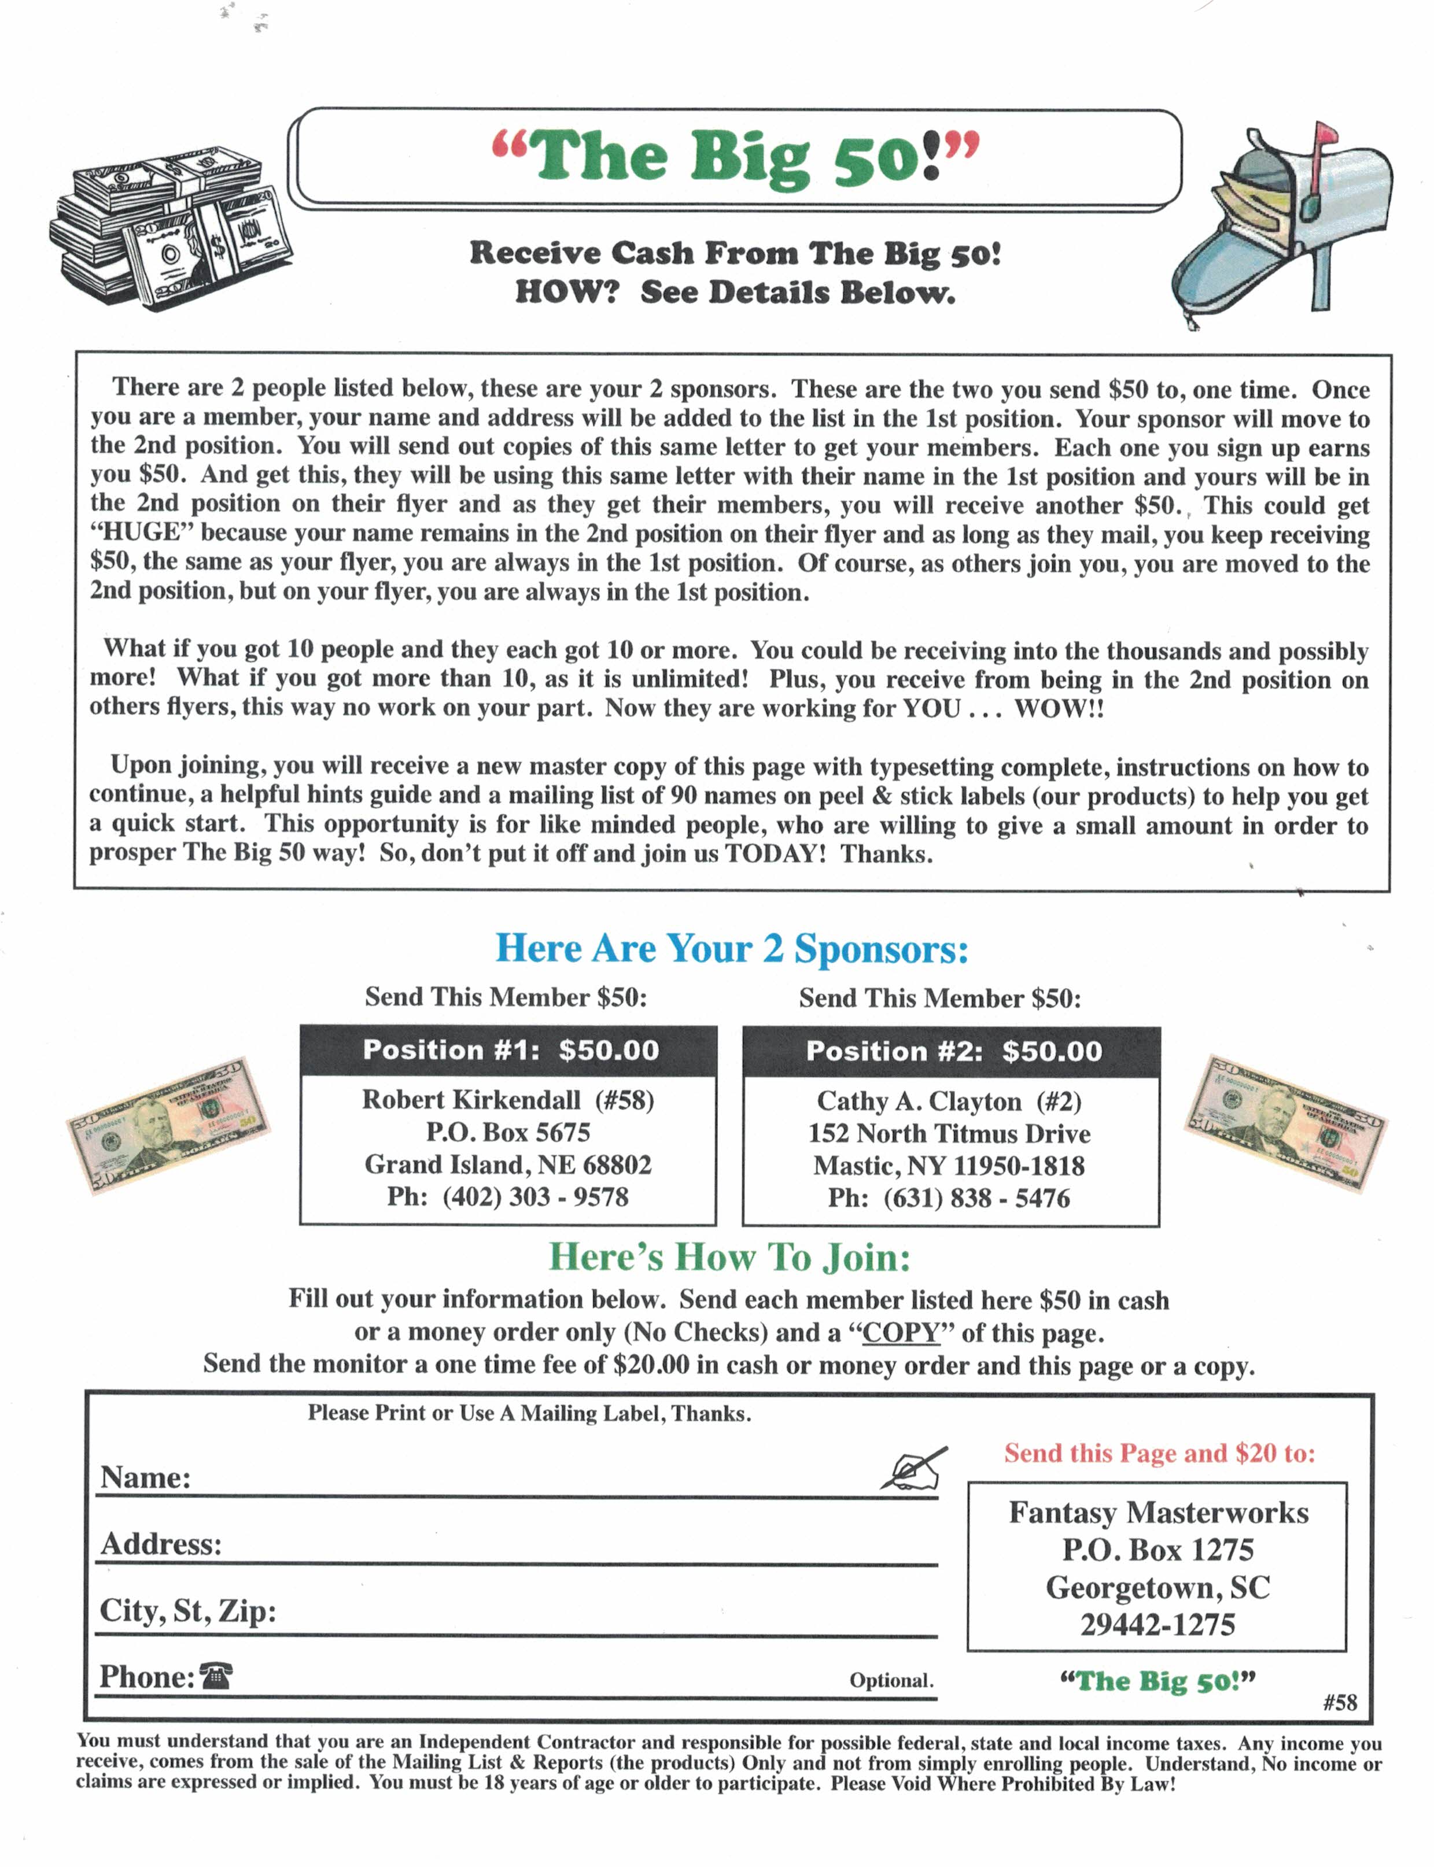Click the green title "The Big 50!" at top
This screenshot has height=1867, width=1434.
pyautogui.click(x=736, y=158)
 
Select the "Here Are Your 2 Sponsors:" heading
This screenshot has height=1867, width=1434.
pyautogui.click(x=732, y=949)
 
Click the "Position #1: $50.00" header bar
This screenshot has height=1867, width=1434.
pyautogui.click(x=510, y=1051)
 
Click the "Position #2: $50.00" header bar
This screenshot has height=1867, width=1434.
pyautogui.click(x=953, y=1051)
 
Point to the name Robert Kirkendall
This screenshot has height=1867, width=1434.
pyautogui.click(x=471, y=1100)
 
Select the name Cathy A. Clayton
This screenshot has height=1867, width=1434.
pyautogui.click(x=919, y=1101)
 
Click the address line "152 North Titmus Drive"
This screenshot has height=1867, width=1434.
pyautogui.click(x=949, y=1134)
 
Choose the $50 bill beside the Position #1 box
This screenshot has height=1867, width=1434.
pyautogui.click(x=168, y=1126)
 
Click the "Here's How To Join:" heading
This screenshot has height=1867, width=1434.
pyautogui.click(x=730, y=1257)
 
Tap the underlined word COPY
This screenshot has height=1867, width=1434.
pyautogui.click(x=901, y=1333)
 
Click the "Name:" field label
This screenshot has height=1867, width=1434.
pyautogui.click(x=146, y=1478)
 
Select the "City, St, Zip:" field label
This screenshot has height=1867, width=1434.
pyautogui.click(x=188, y=1611)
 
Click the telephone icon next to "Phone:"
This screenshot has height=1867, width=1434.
pyautogui.click(x=215, y=1677)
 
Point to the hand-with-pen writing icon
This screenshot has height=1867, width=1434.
pyautogui.click(x=913, y=1469)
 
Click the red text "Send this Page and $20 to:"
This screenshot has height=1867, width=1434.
pyautogui.click(x=1159, y=1453)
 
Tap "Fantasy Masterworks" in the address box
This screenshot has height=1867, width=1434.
pyautogui.click(x=1158, y=1513)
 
